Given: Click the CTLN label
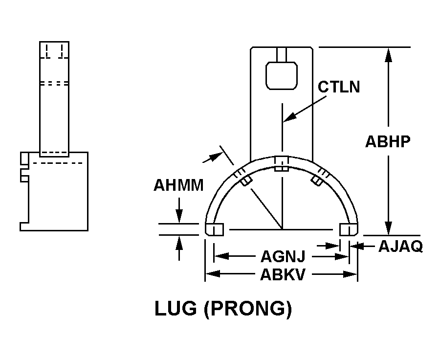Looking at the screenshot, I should [338, 87].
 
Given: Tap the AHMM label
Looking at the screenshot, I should [178, 186].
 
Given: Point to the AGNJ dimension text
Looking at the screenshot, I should [283, 256].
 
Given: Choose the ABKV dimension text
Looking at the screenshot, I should [283, 274].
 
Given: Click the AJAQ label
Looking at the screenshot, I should [400, 247].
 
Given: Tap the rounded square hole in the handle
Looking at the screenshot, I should [282, 75].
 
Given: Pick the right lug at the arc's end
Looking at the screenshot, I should [349, 229].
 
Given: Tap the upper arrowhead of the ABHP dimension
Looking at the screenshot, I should [388, 54].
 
